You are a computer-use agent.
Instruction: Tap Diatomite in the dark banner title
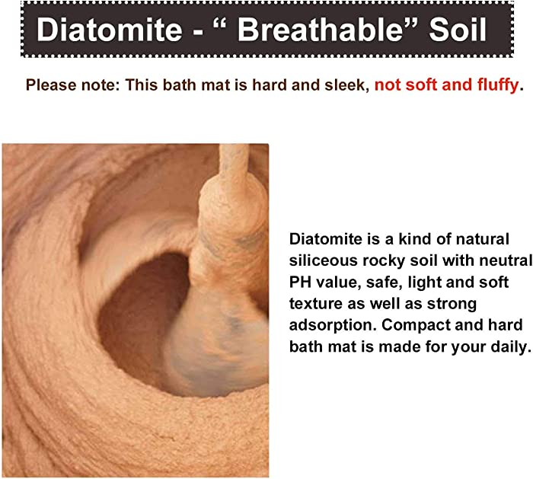pos(109,29)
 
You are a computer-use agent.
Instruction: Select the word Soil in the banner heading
pos(458,29)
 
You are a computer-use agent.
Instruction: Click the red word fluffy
pos(498,85)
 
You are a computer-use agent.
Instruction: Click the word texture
pos(316,304)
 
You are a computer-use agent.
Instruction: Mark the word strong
pos(452,305)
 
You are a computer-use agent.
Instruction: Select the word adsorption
pos(333,326)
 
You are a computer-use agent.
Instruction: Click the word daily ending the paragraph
pos(509,347)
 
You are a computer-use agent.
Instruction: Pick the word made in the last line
pos(396,346)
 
